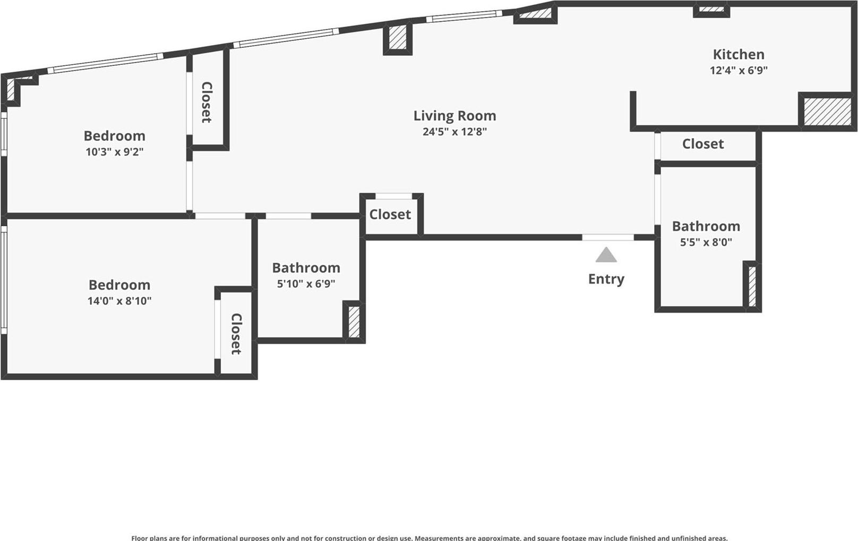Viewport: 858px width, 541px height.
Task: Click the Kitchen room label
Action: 738,54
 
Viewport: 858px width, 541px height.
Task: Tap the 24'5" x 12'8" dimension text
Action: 454,132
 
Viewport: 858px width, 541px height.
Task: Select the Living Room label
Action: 454,116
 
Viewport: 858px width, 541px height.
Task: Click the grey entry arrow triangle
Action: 606,255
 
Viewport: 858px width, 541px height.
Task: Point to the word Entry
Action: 606,279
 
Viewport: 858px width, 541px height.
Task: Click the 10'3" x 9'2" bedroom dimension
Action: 115,152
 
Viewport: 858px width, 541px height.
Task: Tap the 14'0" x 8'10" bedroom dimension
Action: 119,301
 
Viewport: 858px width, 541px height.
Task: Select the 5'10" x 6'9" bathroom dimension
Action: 306,284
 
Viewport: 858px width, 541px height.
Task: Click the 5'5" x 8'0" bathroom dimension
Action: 706,242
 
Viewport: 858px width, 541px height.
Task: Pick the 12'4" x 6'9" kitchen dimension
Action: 739,70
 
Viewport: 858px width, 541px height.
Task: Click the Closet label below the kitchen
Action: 702,144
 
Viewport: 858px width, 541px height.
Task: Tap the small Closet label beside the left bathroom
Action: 390,214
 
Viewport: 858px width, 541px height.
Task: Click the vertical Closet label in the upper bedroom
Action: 207,102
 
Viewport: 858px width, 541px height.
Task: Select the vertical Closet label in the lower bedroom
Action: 236,334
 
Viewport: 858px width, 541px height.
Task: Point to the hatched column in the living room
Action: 397,38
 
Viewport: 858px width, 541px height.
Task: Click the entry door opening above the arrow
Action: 607,237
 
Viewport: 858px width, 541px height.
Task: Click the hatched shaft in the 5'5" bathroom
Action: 752,286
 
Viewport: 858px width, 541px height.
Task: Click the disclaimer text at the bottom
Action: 429,537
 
